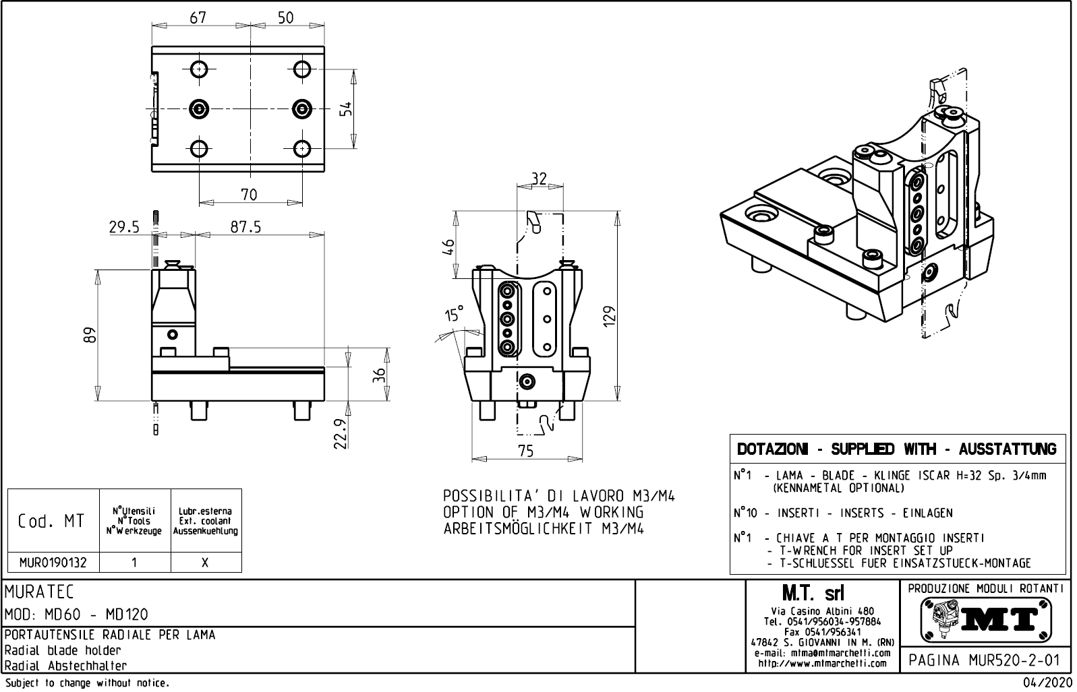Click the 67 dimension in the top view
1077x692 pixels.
(x=198, y=18)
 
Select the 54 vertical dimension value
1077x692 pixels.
(x=345, y=108)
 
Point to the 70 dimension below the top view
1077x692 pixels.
(x=249, y=195)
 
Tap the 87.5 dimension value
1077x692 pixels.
(x=245, y=227)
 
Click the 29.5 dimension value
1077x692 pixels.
(x=124, y=227)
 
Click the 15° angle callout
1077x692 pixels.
(x=455, y=314)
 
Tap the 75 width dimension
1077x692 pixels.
(x=526, y=451)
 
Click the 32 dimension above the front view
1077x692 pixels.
(x=538, y=179)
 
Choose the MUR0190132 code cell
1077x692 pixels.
(x=53, y=562)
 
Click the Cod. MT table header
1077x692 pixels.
(x=51, y=521)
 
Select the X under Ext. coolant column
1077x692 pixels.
(x=206, y=563)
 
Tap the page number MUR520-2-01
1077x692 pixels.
(x=985, y=659)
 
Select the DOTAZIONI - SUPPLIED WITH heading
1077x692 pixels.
(x=897, y=449)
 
